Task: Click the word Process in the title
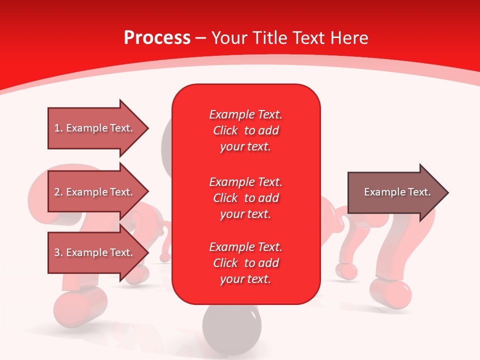point(157,38)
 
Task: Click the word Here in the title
point(349,38)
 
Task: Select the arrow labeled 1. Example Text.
point(98,128)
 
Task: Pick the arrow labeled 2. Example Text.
point(98,191)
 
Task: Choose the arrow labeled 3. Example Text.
point(98,252)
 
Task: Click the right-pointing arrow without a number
point(398,192)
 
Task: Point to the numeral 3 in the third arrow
point(57,252)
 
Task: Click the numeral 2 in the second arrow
point(57,192)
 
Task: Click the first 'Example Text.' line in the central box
point(245,114)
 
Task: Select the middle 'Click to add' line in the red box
point(246,198)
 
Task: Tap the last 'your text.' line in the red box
point(245,279)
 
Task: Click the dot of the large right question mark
point(390,294)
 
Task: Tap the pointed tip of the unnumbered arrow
point(448,192)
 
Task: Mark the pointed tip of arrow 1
point(149,128)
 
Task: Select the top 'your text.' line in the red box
point(245,146)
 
